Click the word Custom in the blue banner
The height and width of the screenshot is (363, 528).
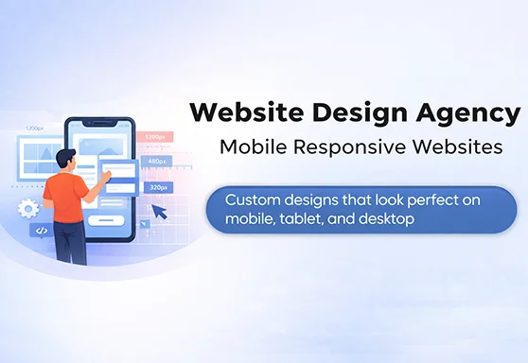[253, 200]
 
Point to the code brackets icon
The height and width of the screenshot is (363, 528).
[41, 230]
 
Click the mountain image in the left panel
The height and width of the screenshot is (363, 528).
[43, 159]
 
